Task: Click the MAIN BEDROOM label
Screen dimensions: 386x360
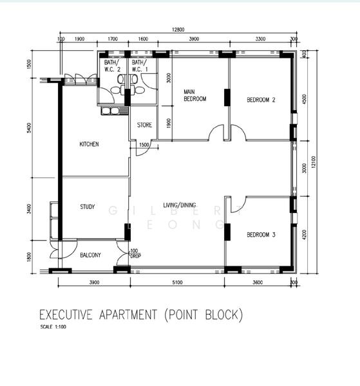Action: [194, 95]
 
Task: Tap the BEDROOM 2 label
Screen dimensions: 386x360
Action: [261, 100]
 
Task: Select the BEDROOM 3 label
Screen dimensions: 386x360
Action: [261, 235]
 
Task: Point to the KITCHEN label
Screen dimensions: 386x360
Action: [89, 144]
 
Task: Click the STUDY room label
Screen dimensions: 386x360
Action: [88, 207]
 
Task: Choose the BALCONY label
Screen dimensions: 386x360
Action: [90, 255]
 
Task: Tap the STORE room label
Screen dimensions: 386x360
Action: [145, 125]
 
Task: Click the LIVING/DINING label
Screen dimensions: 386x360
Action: [180, 205]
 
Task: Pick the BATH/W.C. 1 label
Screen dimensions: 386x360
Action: [139, 66]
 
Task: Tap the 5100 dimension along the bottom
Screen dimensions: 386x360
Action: [177, 282]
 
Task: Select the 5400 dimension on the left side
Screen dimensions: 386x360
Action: [29, 129]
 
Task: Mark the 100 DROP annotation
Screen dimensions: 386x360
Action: [135, 253]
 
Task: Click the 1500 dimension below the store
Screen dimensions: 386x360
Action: [144, 145]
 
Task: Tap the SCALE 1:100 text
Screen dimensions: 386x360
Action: [52, 327]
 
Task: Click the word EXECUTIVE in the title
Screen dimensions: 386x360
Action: [66, 315]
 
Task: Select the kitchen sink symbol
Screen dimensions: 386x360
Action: [111, 111]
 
